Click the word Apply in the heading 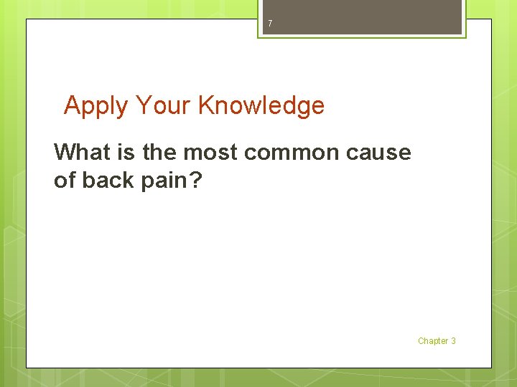(96, 106)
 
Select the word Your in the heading (163, 105)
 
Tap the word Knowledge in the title (261, 106)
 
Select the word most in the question (210, 153)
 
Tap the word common (293, 153)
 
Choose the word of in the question (65, 181)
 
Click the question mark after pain (196, 181)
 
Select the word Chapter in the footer (432, 341)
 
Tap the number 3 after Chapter (453, 341)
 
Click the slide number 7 (270, 24)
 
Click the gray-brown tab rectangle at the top (362, 16)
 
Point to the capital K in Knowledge (206, 105)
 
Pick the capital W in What (65, 152)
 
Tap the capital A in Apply (72, 105)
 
